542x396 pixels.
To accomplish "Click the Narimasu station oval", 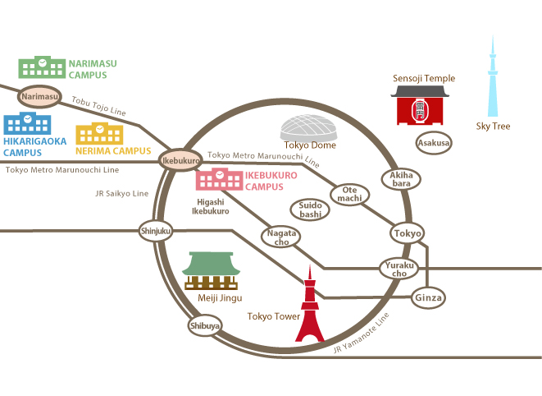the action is [39, 96].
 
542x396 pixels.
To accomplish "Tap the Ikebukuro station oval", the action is [180, 160].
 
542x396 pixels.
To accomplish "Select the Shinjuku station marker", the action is [156, 231].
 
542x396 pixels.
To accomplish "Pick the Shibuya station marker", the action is [205, 325].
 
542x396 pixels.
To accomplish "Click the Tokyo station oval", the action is [408, 233].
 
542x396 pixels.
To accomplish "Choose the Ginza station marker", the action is [428, 297].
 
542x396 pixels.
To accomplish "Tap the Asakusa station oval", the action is [434, 143].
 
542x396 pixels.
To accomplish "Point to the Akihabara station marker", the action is [401, 179].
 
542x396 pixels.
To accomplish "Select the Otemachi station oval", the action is [349, 195].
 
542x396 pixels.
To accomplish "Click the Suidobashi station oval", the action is [310, 210].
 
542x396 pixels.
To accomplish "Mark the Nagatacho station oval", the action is [281, 237].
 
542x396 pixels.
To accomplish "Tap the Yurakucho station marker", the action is [399, 269].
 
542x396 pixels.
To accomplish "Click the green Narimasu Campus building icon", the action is [42, 67].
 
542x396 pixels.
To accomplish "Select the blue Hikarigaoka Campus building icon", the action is [27, 123].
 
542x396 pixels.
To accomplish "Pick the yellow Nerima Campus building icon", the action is [99, 133].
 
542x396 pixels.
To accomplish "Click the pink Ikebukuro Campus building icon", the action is [220, 179].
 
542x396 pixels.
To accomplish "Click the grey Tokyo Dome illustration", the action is [308, 127].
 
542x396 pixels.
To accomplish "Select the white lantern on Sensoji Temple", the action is [420, 110].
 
